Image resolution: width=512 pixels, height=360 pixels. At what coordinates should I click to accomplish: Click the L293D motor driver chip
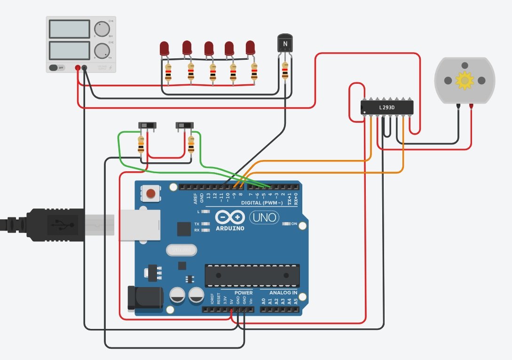tap(387, 107)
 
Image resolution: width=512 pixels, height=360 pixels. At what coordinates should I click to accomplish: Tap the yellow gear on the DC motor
tap(465, 80)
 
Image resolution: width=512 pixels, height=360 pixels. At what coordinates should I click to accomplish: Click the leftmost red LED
tap(164, 48)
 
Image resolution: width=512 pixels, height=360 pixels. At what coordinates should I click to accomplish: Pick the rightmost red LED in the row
tap(251, 47)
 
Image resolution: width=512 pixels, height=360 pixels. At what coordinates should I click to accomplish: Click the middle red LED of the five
tap(209, 48)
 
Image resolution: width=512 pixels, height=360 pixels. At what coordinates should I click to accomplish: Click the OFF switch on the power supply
tap(57, 68)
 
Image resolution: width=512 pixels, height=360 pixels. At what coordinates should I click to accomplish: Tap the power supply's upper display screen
tap(69, 29)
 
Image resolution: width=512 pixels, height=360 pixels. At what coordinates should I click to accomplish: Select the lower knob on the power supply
tap(101, 50)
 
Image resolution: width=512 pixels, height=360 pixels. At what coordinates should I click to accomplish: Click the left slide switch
tap(147, 126)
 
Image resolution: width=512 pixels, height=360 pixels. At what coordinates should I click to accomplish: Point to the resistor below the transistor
tap(285, 72)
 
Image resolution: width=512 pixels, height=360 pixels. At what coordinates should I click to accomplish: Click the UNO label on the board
tap(264, 217)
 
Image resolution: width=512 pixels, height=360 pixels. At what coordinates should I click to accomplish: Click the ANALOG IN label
tap(283, 293)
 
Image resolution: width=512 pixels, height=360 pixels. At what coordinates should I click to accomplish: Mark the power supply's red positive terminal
tap(78, 68)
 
